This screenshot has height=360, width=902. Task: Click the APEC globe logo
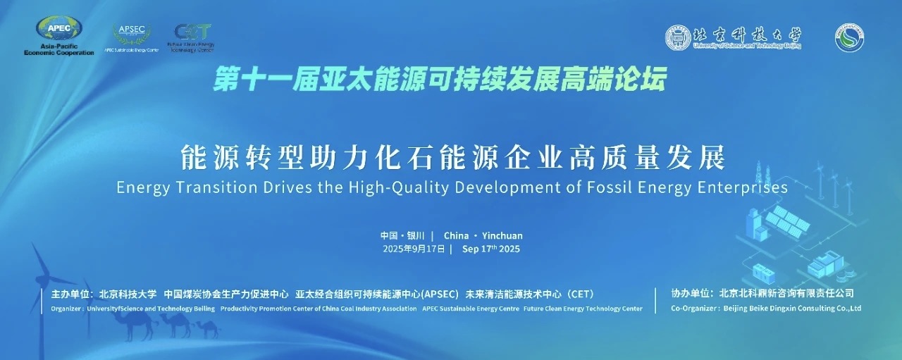[x=59, y=29]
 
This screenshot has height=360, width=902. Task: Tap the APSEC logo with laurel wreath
[x=131, y=34]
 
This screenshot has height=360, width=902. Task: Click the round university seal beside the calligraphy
[x=678, y=37]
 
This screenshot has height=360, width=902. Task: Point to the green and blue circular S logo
[x=849, y=37]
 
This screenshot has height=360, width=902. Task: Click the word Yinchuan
[x=502, y=235]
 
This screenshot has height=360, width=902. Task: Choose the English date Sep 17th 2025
[x=490, y=249]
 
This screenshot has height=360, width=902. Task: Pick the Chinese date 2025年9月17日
[x=414, y=249]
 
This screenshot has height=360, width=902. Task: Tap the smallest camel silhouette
[x=208, y=328]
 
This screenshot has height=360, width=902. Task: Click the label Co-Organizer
[x=695, y=309]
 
